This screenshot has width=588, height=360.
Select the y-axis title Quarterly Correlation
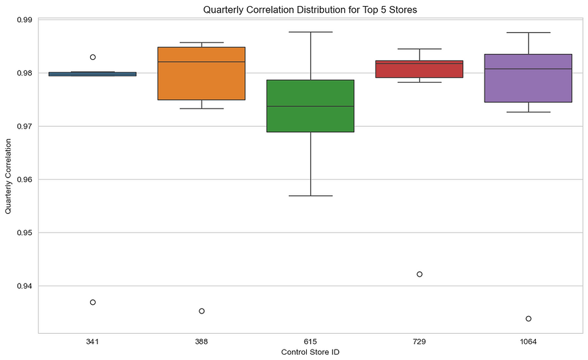point(9,176)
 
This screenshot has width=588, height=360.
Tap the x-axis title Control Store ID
point(310,352)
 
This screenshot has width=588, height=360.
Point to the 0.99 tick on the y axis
point(25,20)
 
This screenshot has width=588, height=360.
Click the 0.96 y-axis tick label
point(25,180)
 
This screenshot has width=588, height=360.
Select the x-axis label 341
point(92,340)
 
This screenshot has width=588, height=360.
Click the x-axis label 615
point(311,340)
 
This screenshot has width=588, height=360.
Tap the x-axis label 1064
point(529,340)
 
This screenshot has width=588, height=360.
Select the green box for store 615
point(311,119)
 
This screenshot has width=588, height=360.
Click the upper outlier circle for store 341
point(92,57)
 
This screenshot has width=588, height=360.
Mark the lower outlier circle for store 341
point(92,302)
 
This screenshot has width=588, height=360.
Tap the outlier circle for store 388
point(202,311)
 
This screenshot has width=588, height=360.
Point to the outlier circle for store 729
point(420,274)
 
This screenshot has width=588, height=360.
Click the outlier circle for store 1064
point(529,318)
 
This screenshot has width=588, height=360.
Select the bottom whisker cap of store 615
point(311,196)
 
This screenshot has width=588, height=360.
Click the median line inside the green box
point(311,107)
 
